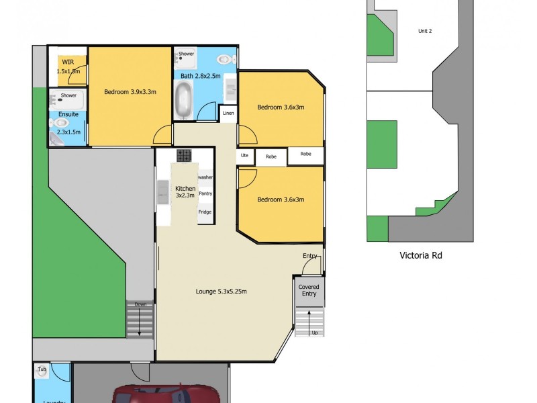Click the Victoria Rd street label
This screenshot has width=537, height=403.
pos(421,255)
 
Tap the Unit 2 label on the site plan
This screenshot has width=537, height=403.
pos(424,31)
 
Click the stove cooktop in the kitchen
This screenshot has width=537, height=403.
pos(185,156)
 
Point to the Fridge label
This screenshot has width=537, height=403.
pos(205,212)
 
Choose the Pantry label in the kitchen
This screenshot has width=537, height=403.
pos(205,193)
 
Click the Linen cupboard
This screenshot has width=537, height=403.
pos(229,113)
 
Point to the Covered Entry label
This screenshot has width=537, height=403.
pos(309,290)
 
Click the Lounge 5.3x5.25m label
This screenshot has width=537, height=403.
pos(222,292)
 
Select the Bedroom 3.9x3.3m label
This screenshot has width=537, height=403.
pos(130,92)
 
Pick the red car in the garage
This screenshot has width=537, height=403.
pos(164,394)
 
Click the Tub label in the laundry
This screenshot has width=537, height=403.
pos(42,369)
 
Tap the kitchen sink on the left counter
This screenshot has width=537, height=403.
pos(163,192)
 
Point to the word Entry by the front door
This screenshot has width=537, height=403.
pos(310,256)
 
